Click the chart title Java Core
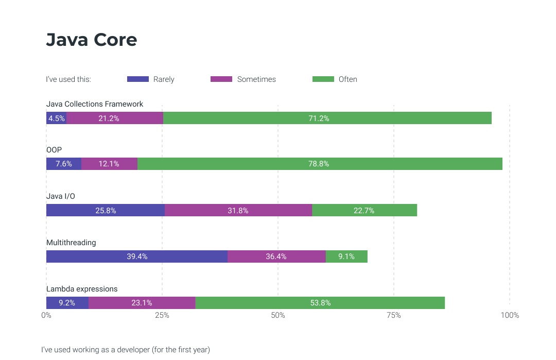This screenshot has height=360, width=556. [x=92, y=40]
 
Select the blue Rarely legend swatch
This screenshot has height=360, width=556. [x=137, y=79]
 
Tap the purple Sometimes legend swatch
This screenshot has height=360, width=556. [x=221, y=79]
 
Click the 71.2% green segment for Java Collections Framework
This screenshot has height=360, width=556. [x=327, y=118]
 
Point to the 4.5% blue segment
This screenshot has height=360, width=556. [x=56, y=118]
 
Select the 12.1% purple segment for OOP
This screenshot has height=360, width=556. [x=109, y=164]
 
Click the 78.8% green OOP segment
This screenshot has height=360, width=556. [x=320, y=164]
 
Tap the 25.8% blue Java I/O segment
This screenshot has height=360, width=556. [x=106, y=210]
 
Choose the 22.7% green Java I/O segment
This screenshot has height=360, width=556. [x=364, y=210]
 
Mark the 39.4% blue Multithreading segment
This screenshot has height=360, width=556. [x=137, y=256]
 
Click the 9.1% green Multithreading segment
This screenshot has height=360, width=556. [x=346, y=256]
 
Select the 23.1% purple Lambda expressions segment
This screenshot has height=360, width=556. [x=142, y=303]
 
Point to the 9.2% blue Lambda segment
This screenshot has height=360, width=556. [x=67, y=303]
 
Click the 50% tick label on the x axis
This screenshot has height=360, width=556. [x=278, y=315]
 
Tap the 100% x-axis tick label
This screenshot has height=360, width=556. [x=510, y=315]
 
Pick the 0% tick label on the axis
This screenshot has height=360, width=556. [x=46, y=315]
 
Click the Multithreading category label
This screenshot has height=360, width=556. [x=71, y=242]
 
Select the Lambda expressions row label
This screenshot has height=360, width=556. [x=82, y=288]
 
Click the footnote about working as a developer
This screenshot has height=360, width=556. [x=126, y=349]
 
